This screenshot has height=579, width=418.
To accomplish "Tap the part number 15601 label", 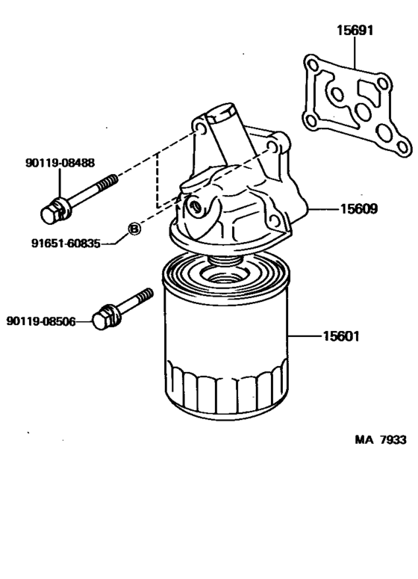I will coord(341,336).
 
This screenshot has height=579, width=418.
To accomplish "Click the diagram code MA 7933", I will coord(380,439).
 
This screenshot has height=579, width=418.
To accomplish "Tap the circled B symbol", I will coord(134,229).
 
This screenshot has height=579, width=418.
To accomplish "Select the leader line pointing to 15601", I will coord(304,337).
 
